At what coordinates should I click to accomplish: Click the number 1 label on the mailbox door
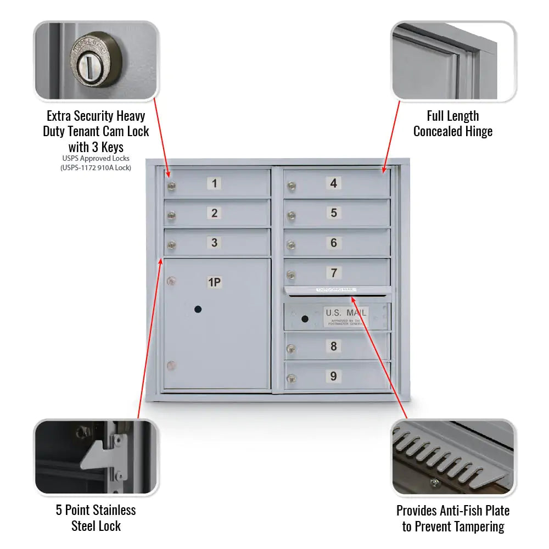[215, 183]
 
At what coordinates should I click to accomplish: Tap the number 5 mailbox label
[333, 213]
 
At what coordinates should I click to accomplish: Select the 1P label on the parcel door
[214, 283]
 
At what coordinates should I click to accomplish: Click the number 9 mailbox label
[333, 376]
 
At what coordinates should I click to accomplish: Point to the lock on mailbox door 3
[172, 246]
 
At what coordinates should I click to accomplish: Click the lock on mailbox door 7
[292, 276]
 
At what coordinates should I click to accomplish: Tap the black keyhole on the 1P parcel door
[198, 310]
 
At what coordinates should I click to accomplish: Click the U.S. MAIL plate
[345, 316]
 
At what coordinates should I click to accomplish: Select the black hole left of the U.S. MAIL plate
[305, 318]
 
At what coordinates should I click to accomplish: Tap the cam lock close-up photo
[96, 61]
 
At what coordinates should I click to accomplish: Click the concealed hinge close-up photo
[453, 61]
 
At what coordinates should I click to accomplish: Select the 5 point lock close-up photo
[96, 457]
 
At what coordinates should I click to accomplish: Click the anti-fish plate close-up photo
[453, 457]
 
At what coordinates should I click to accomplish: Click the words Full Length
[453, 116]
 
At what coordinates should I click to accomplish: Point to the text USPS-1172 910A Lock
[96, 168]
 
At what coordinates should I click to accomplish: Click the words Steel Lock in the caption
[96, 526]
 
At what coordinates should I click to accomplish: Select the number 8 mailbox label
[333, 346]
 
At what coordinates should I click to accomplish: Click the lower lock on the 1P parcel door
[172, 365]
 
